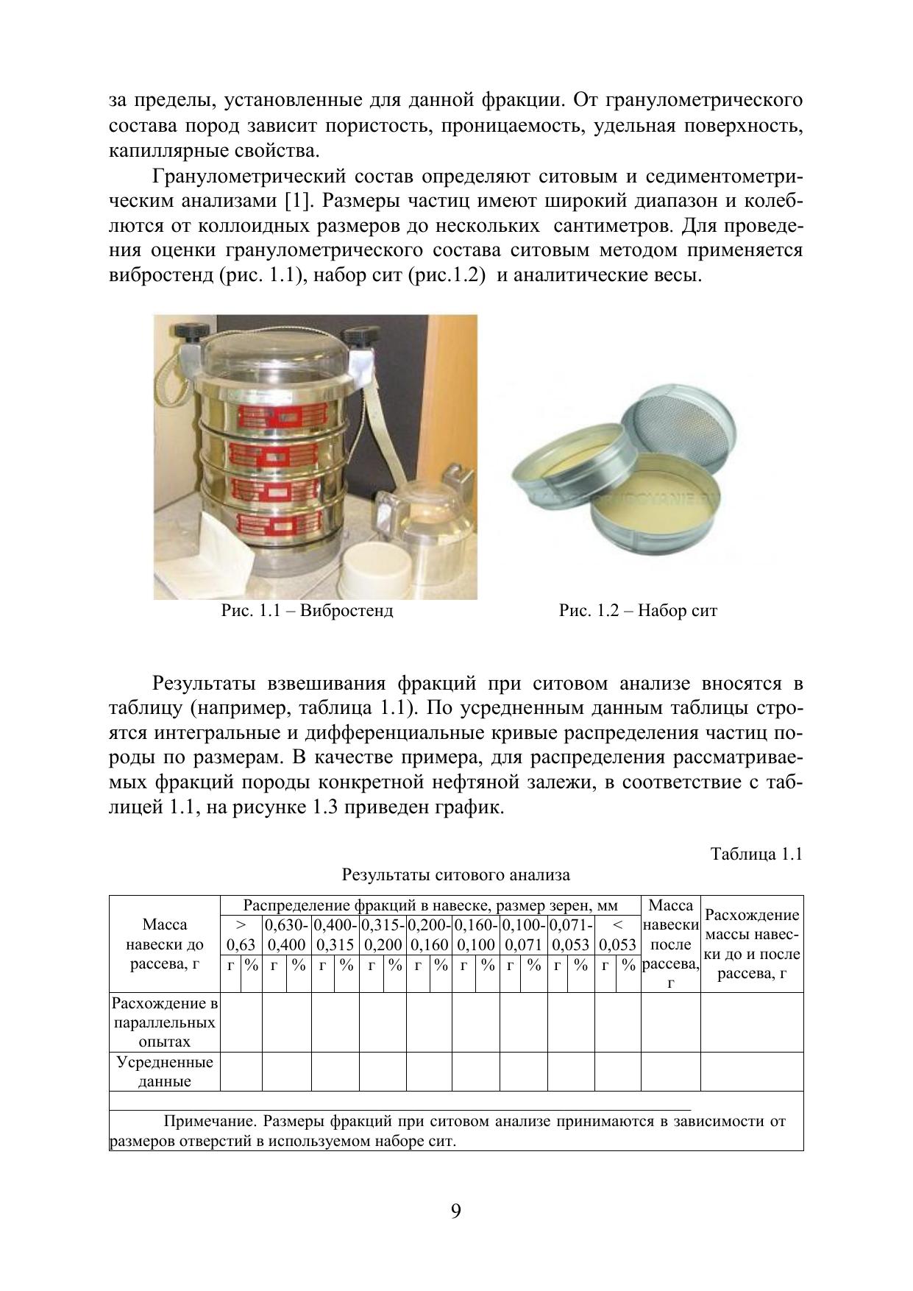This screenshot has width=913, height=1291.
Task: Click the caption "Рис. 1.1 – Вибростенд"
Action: (308, 611)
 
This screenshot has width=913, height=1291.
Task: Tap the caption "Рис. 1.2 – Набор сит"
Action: (638, 611)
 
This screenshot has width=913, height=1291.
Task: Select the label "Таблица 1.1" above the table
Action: (756, 854)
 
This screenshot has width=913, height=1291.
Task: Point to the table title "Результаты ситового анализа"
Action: (455, 875)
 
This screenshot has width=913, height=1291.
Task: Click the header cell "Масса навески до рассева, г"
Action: (164, 944)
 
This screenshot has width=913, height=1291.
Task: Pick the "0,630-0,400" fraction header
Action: (287, 935)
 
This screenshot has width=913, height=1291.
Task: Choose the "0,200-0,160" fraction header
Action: (430, 935)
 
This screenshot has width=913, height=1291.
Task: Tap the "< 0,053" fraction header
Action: (617, 935)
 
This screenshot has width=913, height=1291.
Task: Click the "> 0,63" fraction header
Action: (241, 935)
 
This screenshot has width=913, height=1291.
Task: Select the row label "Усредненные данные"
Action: (164, 1072)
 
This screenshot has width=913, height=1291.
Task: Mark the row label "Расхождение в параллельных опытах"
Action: (164, 1022)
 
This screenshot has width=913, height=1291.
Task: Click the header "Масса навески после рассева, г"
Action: (670, 944)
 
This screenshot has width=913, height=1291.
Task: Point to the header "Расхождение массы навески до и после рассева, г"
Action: (752, 944)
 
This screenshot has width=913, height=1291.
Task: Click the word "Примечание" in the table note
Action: (208, 1122)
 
